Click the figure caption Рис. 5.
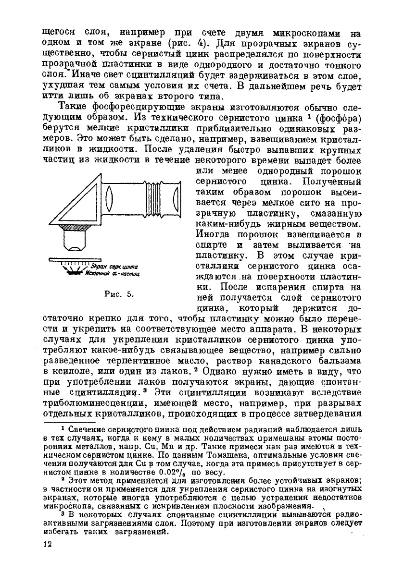click(x=119, y=294)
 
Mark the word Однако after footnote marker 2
click(x=227, y=371)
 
